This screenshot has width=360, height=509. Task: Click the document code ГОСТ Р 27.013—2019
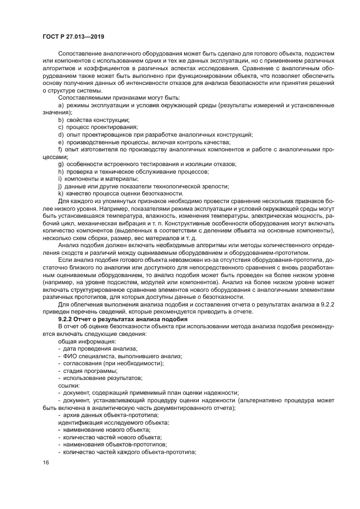coord(73,36)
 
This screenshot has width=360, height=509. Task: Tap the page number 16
coord(46,462)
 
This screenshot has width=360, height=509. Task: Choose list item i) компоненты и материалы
coord(97,179)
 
